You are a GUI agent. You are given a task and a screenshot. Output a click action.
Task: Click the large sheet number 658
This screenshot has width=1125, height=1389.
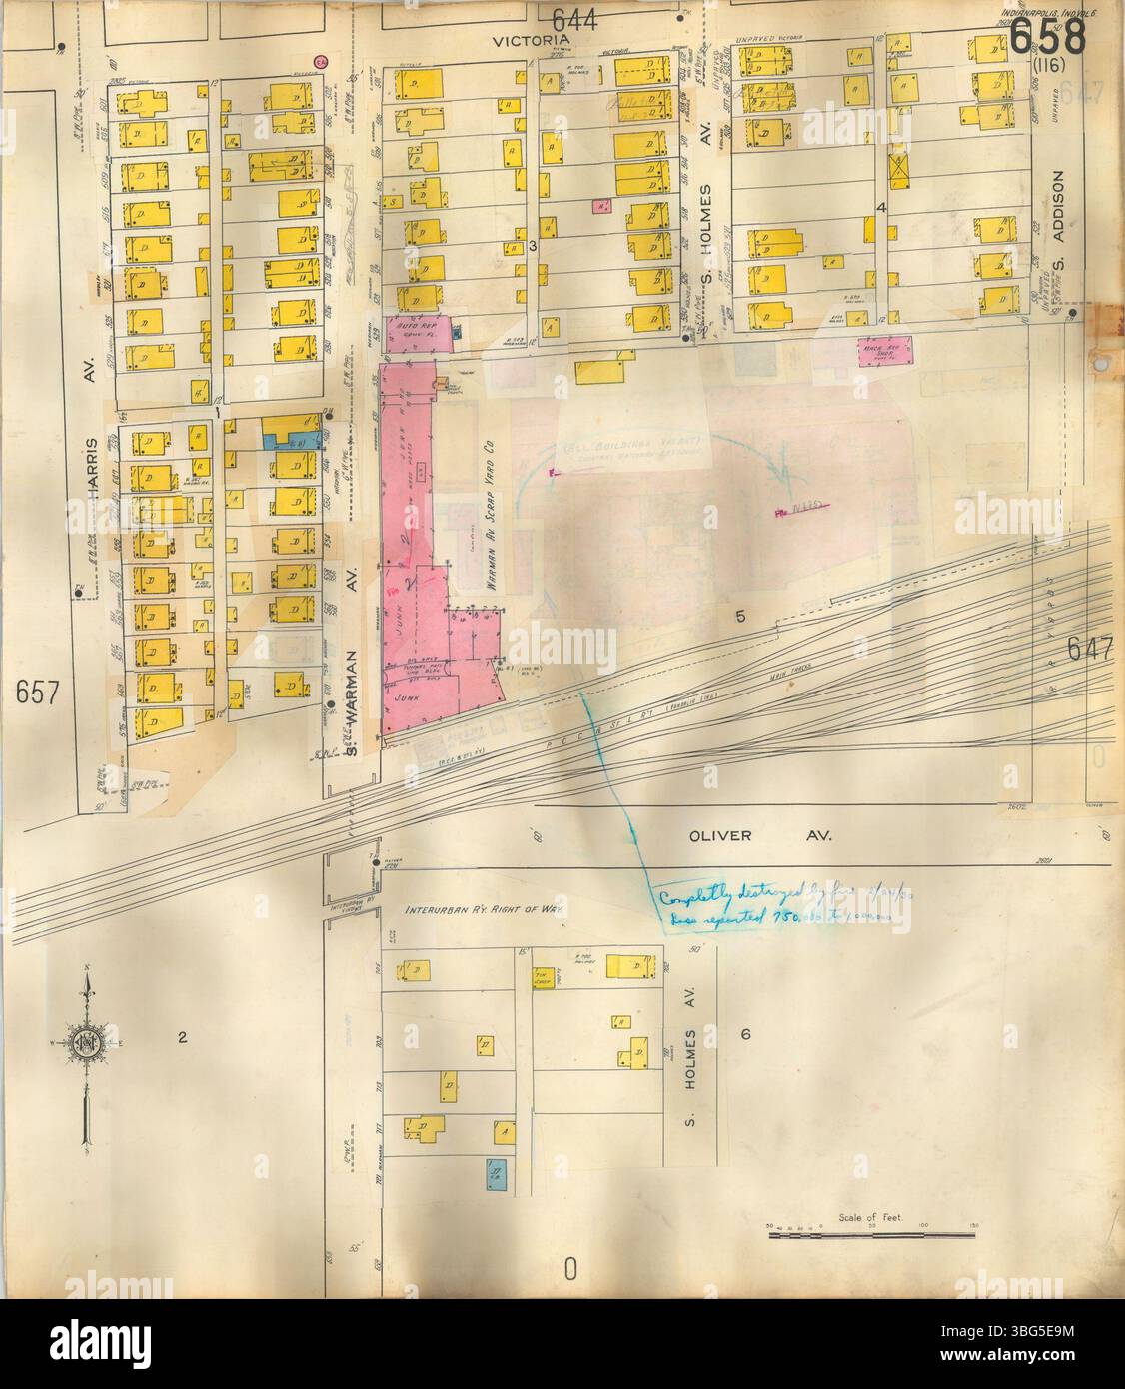pyautogui.click(x=1047, y=38)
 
